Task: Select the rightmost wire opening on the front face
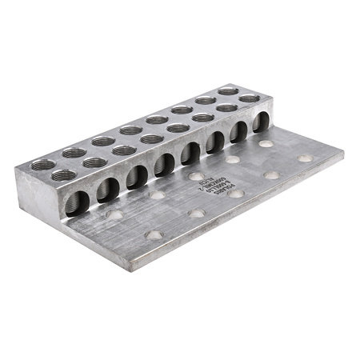pos(260,122)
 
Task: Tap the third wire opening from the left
pos(135,174)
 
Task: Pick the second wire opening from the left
pos(107,188)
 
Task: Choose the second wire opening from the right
pos(238,131)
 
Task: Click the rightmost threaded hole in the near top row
pos(250,98)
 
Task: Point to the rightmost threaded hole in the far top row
pos(229,90)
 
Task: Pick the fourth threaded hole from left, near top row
pos(149,139)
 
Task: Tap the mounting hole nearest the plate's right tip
pos(305,158)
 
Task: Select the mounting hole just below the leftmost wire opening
pos(114,214)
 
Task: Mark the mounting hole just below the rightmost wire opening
pos(266,144)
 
